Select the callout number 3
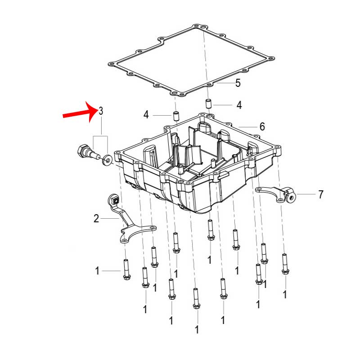(x=101, y=111)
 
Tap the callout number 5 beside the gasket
(x=238, y=83)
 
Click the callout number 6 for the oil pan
(x=262, y=126)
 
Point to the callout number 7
(x=321, y=194)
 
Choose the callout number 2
(x=96, y=218)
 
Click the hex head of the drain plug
(x=83, y=151)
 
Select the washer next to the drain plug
(x=108, y=160)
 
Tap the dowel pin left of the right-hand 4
(x=208, y=103)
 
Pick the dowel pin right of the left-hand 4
(x=176, y=116)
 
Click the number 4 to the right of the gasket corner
(x=239, y=105)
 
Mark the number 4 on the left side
(x=146, y=115)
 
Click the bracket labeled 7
(x=276, y=195)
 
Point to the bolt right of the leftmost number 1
(x=126, y=269)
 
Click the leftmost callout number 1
(x=97, y=271)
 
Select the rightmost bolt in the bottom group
(x=285, y=264)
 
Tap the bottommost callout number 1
(x=197, y=330)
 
